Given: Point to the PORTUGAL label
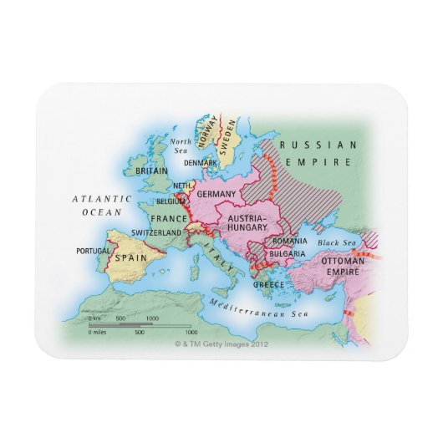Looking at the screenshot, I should [92, 250].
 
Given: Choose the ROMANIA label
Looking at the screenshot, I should [289, 241].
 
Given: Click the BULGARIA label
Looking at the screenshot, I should [288, 253].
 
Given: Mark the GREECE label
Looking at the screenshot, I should [269, 284].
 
